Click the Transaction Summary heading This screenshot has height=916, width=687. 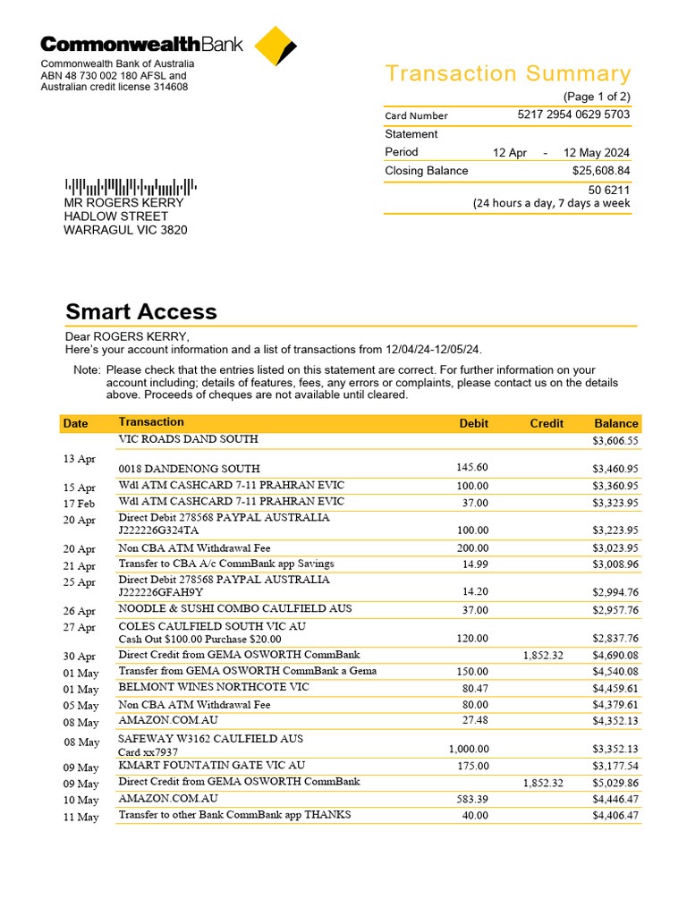coord(507,73)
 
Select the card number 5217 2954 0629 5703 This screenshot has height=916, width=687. coord(573,114)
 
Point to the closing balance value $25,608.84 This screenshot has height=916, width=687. coord(600,170)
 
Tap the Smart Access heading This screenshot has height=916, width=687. coord(140,311)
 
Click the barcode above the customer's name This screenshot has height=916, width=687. coord(130,187)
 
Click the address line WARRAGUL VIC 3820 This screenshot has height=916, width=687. coord(125,230)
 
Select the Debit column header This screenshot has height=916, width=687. coord(473,423)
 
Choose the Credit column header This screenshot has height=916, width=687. coord(546,423)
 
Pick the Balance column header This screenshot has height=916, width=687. coord(616,423)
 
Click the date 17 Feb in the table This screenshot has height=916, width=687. coord(79,504)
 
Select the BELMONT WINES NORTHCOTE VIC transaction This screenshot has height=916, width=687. coord(214,687)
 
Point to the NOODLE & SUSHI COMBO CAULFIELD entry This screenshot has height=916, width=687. coord(234,608)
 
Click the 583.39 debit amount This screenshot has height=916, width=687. coord(471,799)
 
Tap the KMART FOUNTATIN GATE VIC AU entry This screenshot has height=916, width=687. coord(211,765)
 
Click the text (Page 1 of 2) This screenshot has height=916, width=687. coord(596,97)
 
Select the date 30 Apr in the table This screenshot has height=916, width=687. coord(79,657)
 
